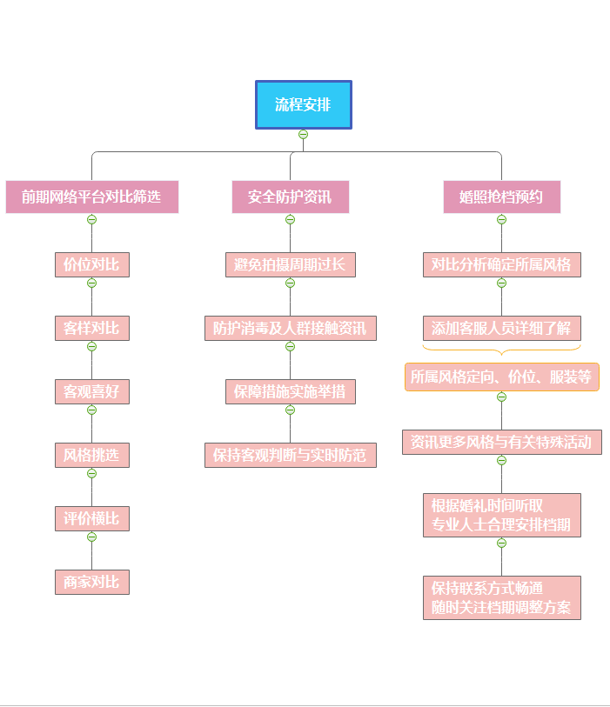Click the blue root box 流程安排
(x=303, y=105)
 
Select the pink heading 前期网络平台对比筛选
(x=91, y=197)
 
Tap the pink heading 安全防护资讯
(x=290, y=197)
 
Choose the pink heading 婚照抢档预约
(x=501, y=197)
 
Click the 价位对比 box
(x=91, y=264)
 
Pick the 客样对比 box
(x=91, y=328)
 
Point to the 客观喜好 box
(x=91, y=391)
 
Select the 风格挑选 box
(x=91, y=455)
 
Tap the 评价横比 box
(x=91, y=518)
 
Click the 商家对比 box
(x=91, y=582)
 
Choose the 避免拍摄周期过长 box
(x=290, y=264)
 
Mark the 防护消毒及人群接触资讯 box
(x=290, y=328)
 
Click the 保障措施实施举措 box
(x=290, y=391)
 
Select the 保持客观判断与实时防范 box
(x=290, y=455)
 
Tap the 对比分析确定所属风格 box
(x=501, y=264)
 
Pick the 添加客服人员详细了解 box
(x=501, y=328)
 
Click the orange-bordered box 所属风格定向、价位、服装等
(x=501, y=377)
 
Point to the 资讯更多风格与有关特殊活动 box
(x=501, y=442)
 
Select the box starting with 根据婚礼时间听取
(x=501, y=515)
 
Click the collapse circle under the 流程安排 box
(x=303, y=134)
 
